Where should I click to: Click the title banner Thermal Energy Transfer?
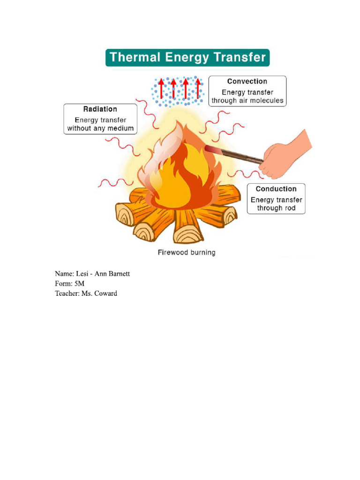(187, 58)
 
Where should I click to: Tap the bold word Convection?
(247, 82)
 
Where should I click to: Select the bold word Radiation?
(100, 109)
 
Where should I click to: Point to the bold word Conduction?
(276, 189)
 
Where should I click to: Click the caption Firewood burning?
(186, 253)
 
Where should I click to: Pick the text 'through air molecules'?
(247, 101)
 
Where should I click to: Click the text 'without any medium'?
(100, 128)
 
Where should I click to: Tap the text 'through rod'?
(276, 208)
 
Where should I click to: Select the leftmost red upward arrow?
(161, 88)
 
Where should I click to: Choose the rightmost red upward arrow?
(198, 88)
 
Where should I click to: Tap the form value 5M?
(79, 284)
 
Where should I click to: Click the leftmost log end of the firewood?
(125, 215)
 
